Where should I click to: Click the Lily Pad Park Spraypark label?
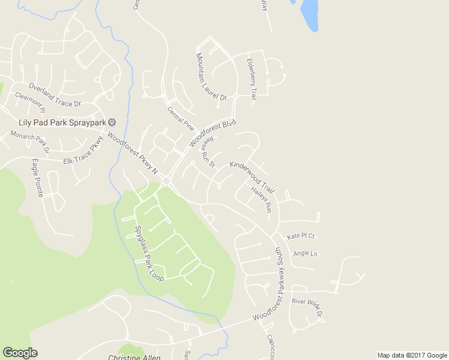click(x=62, y=122)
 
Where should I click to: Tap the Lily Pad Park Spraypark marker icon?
click(x=111, y=122)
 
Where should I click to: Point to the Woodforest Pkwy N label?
click(x=132, y=152)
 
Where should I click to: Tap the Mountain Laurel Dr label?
click(x=211, y=76)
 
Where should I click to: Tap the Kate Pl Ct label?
click(x=301, y=236)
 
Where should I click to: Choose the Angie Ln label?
click(x=305, y=253)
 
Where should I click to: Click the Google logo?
click(x=20, y=353)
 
